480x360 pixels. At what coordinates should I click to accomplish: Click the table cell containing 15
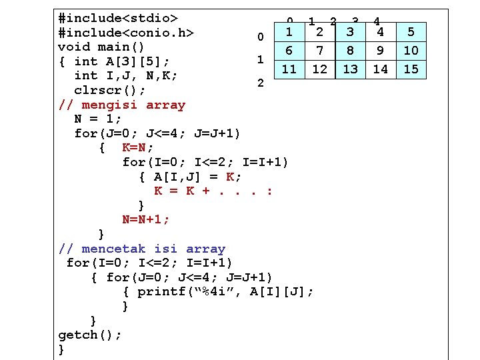coord(411,69)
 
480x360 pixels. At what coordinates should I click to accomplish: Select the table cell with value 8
coord(350,50)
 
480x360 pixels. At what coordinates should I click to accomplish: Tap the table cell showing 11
coord(289,69)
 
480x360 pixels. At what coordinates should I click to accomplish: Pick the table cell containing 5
coord(411,31)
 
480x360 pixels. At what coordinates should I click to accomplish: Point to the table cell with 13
coord(350,69)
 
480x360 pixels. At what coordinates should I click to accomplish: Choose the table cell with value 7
coord(320,50)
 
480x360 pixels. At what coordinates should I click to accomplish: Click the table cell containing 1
coord(289,31)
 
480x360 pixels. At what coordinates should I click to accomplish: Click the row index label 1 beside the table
coord(261,60)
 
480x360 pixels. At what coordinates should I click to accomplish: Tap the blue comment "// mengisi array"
coord(122,105)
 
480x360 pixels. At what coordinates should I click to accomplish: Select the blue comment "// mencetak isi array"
coord(142,249)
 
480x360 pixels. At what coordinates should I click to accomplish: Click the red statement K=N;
coord(138,147)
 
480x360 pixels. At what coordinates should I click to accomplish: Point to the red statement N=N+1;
coord(146,219)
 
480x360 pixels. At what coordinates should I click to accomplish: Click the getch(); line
coord(90,335)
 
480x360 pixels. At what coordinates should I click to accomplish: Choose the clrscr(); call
coord(110,90)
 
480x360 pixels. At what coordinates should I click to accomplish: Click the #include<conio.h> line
coord(126,33)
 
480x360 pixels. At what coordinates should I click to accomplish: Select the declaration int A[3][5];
coord(122,61)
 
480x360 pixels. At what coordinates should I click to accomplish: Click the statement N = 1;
coord(98,119)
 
